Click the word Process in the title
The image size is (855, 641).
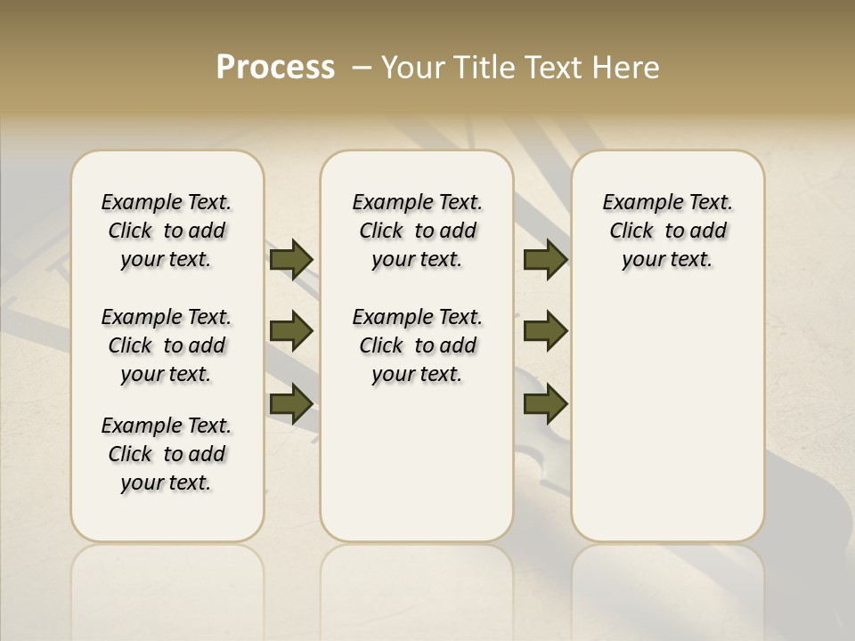coord(275,67)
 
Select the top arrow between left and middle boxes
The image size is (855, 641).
coord(291,259)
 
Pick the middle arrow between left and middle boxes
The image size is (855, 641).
coord(291,331)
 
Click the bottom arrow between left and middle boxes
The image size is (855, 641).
coord(291,403)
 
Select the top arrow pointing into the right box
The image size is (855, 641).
coord(545,259)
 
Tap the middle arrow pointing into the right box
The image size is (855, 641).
coord(545,331)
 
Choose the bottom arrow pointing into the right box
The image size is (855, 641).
coord(545,403)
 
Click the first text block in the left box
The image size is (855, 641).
coord(167,231)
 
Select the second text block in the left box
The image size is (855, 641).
coord(167,345)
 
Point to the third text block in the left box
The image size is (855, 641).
coord(167,454)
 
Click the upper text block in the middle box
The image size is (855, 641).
coord(417,231)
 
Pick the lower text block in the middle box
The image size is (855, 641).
coord(417,345)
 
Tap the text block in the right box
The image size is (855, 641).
coord(667,231)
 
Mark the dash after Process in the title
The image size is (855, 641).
coord(362,67)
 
